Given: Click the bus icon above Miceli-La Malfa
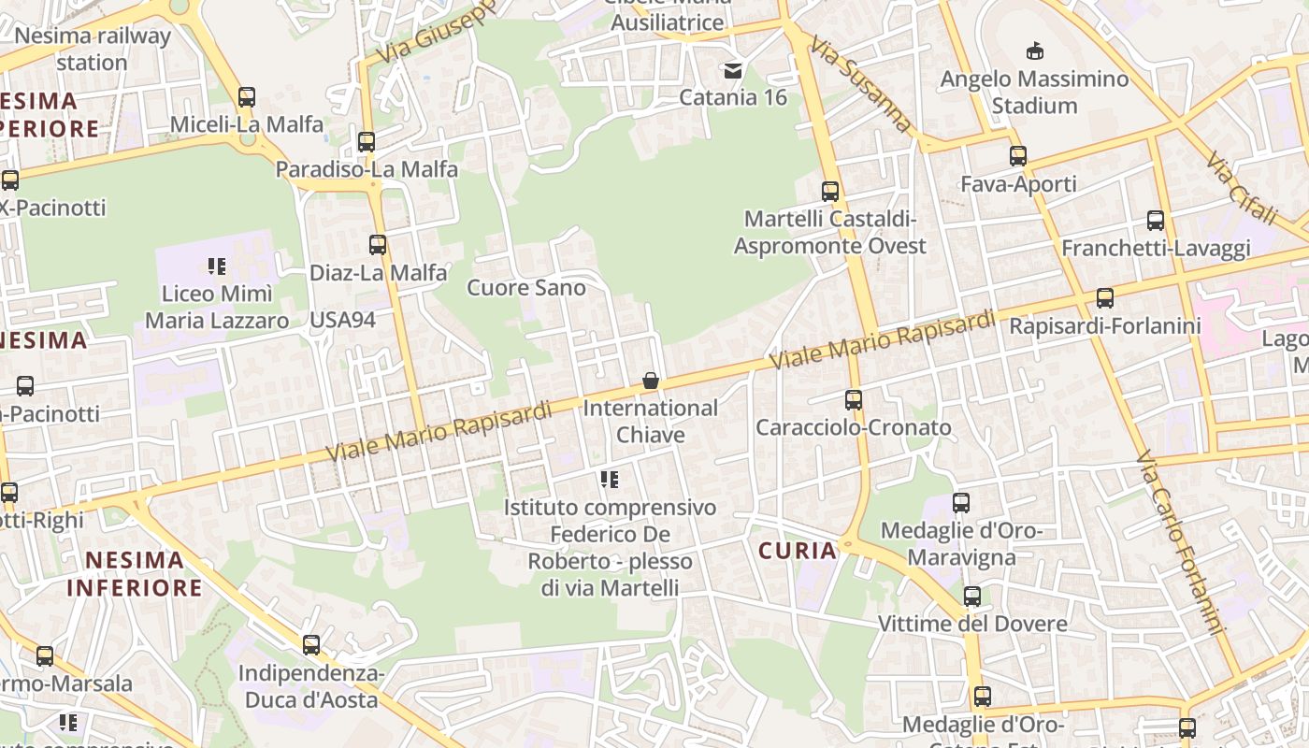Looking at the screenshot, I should click(x=247, y=96).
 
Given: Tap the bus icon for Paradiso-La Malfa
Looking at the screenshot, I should click(x=367, y=142).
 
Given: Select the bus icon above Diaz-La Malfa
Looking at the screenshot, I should click(x=378, y=245).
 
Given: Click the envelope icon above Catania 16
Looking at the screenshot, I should click(x=733, y=70).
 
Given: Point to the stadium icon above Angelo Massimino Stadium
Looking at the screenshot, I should click(x=1034, y=50).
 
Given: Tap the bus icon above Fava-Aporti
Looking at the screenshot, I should click(x=1018, y=156).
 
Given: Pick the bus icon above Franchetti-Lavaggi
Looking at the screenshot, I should click(x=1156, y=221).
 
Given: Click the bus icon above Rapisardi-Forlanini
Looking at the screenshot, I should click(x=1105, y=298).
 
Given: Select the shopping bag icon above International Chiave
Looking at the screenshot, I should click(x=651, y=381).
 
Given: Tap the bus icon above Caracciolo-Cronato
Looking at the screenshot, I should click(x=854, y=400).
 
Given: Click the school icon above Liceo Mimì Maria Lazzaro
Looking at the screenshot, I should click(x=217, y=266).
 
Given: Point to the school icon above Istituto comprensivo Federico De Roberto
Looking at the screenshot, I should click(x=610, y=480).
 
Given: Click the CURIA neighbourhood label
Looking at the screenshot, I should click(x=798, y=551).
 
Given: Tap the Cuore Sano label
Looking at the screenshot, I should click(x=526, y=288).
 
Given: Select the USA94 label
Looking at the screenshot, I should click(x=342, y=320).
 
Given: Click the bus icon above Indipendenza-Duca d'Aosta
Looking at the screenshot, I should click(x=311, y=645).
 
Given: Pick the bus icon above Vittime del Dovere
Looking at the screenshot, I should click(x=972, y=597).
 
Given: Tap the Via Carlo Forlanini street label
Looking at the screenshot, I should click(x=1180, y=542).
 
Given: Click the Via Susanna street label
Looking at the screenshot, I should click(x=861, y=84).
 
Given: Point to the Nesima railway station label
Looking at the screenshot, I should click(x=93, y=50).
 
